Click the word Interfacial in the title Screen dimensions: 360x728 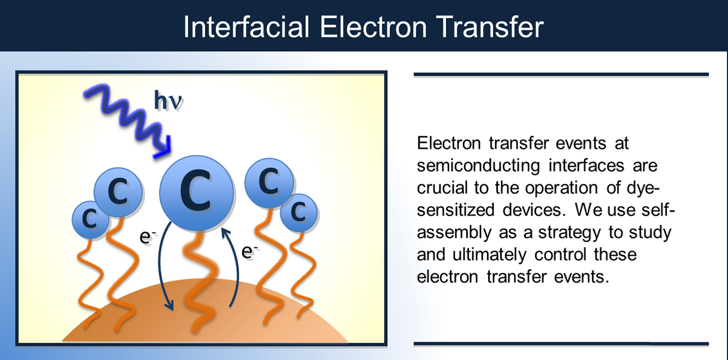tap(246, 27)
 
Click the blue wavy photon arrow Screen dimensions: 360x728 tap(125, 119)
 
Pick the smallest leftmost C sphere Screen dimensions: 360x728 tap(90, 219)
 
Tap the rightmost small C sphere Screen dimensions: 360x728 tap(298, 212)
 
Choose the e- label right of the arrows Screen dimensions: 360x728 tap(249, 251)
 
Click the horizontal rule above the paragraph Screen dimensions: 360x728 tap(561, 74)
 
